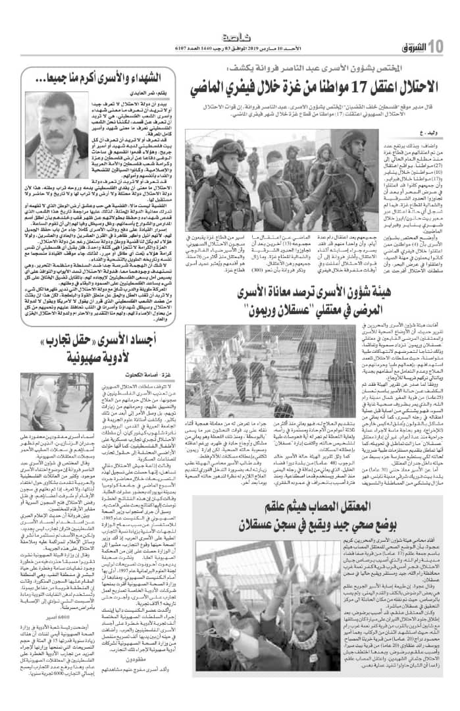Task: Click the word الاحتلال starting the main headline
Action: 401,87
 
